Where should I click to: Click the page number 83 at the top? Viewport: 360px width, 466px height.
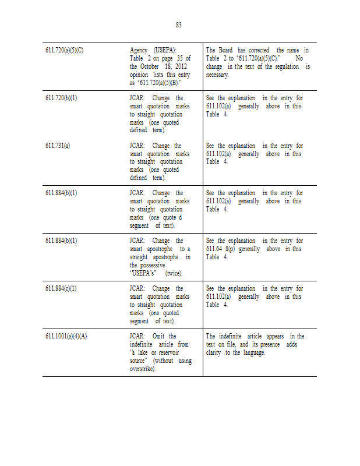[179, 25]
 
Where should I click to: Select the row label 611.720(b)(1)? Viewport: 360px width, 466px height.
[61, 98]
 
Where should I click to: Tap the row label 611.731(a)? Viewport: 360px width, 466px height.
[58, 146]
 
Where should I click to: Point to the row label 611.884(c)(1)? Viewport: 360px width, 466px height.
[61, 288]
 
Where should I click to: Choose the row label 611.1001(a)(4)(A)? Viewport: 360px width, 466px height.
[66, 336]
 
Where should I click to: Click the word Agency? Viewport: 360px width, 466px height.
[139, 50]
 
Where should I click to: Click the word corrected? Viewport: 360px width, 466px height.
[259, 50]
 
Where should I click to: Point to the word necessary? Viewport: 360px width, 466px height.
[217, 75]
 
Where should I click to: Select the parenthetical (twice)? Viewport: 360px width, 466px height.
[174, 273]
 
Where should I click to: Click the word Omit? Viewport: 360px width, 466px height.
[159, 336]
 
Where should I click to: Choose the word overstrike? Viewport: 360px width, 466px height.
[142, 369]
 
